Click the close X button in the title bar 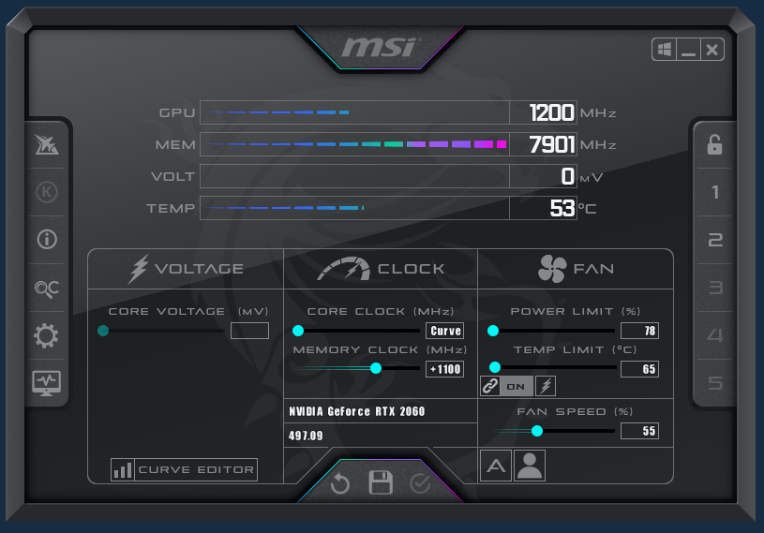tap(712, 50)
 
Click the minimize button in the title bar tap(689, 50)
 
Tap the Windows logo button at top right tap(665, 50)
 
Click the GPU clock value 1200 tap(551, 113)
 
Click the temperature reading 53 tap(562, 208)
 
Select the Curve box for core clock tap(445, 331)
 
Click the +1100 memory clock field tap(445, 369)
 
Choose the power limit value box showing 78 tap(639, 331)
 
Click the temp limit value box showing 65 tap(639, 369)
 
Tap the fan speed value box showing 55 tap(639, 431)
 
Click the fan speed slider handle tap(537, 431)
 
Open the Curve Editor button tap(184, 469)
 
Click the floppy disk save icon tap(381, 483)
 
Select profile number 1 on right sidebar tap(715, 193)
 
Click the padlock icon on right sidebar tap(714, 144)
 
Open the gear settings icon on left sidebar tap(46, 335)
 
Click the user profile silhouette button tap(530, 466)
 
